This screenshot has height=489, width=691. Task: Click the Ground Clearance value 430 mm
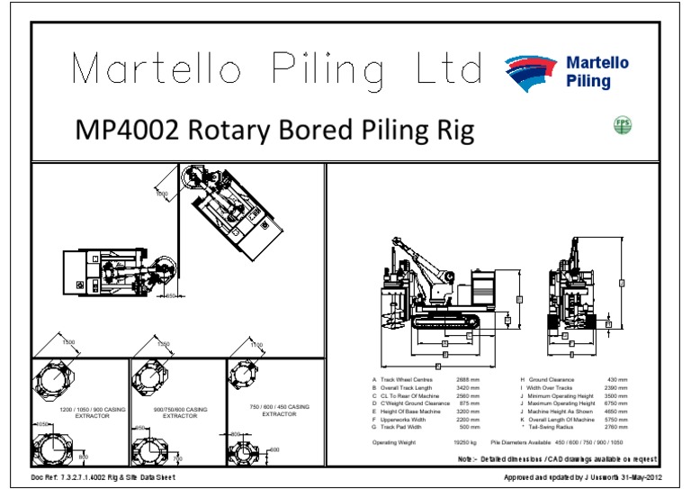(x=619, y=381)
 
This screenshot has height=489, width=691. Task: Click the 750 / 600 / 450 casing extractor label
(x=279, y=410)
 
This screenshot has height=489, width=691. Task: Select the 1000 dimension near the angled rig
(x=162, y=193)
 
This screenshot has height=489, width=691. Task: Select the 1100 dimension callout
(x=256, y=345)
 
